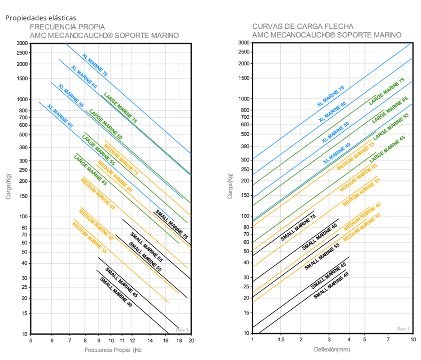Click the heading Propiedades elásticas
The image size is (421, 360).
pyautogui.click(x=41, y=18)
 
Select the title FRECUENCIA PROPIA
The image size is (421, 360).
pyautogui.click(x=67, y=27)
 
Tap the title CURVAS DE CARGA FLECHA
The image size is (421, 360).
pyautogui.click(x=303, y=26)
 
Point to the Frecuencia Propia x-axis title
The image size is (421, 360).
pyautogui.click(x=113, y=350)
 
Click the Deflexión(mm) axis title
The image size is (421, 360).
pyautogui.click(x=332, y=349)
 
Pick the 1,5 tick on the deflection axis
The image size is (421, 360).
pyautogui.click(x=281, y=339)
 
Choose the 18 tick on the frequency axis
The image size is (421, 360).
pyautogui.click(x=179, y=341)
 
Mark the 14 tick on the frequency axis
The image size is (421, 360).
pyautogui.click(x=150, y=341)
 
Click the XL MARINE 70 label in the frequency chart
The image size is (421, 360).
pyautogui.click(x=95, y=65)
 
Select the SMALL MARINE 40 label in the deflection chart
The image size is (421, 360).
pyautogui.click(x=331, y=286)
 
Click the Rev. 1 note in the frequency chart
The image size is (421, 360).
pyautogui.click(x=182, y=330)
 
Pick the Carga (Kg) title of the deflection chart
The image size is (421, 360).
pyautogui.click(x=230, y=186)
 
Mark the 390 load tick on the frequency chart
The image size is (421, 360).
pyautogui.click(x=23, y=148)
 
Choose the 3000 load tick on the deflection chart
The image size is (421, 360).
pyautogui.click(x=244, y=43)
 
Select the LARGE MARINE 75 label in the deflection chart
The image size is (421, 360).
pyautogui.click(x=387, y=91)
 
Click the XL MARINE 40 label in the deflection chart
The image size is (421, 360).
pyautogui.click(x=336, y=153)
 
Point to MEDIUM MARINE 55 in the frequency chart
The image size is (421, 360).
pyautogui.click(x=98, y=194)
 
